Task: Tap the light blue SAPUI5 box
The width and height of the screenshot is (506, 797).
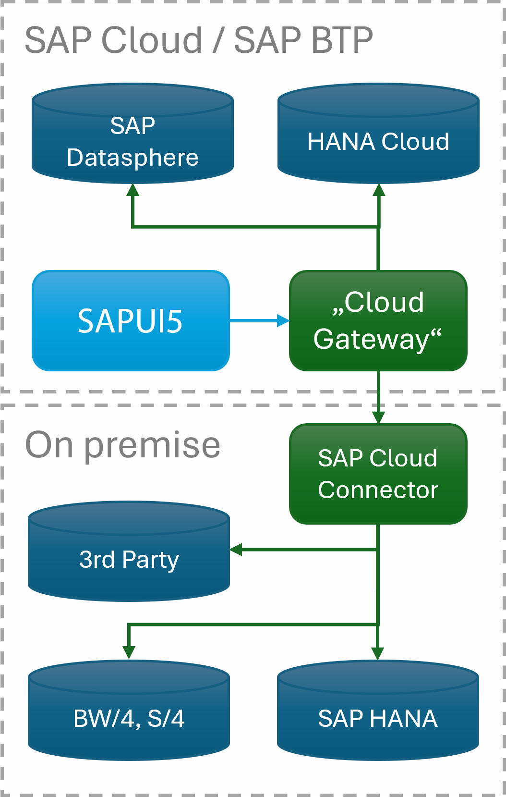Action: (x=131, y=321)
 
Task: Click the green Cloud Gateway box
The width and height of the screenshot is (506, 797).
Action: (x=378, y=321)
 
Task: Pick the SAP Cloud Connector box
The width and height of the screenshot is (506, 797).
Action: (x=378, y=474)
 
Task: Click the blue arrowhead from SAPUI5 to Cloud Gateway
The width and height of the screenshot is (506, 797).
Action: (x=284, y=320)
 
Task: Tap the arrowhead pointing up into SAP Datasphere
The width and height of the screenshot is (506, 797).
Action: (x=133, y=190)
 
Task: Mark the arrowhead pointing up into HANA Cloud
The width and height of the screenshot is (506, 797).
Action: (x=379, y=190)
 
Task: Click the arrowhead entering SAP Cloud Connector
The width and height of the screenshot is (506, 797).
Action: (x=379, y=417)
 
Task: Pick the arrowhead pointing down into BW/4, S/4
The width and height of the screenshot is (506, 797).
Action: (x=129, y=652)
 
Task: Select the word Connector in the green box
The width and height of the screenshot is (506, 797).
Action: (x=378, y=490)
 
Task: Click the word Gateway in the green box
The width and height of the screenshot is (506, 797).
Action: (x=371, y=339)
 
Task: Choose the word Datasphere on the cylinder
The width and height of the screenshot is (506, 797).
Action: (x=133, y=158)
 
